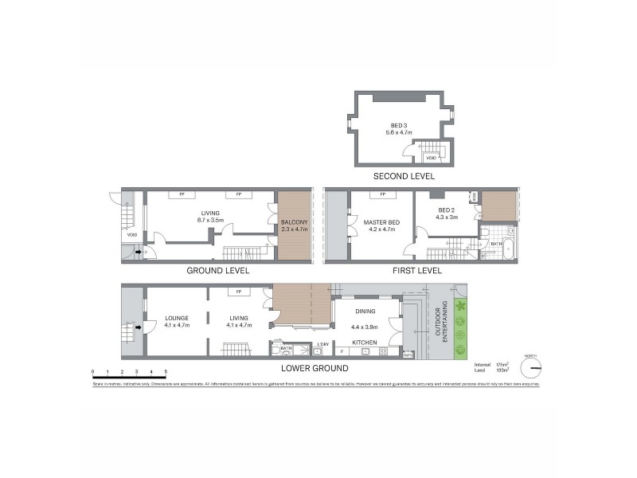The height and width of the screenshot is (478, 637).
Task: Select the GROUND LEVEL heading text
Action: pyautogui.click(x=217, y=270)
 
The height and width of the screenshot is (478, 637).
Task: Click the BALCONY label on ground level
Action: pyautogui.click(x=294, y=221)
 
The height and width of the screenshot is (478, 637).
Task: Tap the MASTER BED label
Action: pyautogui.click(x=381, y=222)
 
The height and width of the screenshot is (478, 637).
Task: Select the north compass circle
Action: pyautogui.click(x=530, y=367)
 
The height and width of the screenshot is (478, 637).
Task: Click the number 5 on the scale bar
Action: pyautogui.click(x=166, y=372)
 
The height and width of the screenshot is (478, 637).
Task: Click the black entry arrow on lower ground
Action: pyautogui.click(x=139, y=327)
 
